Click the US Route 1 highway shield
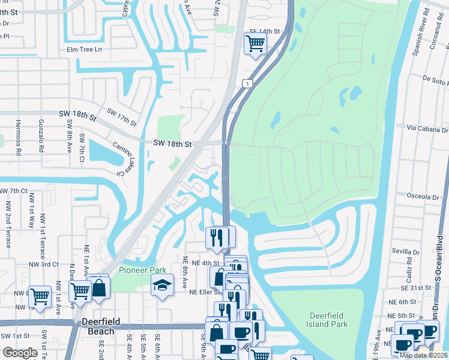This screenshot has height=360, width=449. (247, 84)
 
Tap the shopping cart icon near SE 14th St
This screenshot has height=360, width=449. (255, 44)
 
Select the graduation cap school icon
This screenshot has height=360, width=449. (162, 286)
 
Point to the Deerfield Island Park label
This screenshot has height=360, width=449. (328, 320)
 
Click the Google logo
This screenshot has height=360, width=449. (19, 353)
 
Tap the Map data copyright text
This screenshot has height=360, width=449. (423, 355)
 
